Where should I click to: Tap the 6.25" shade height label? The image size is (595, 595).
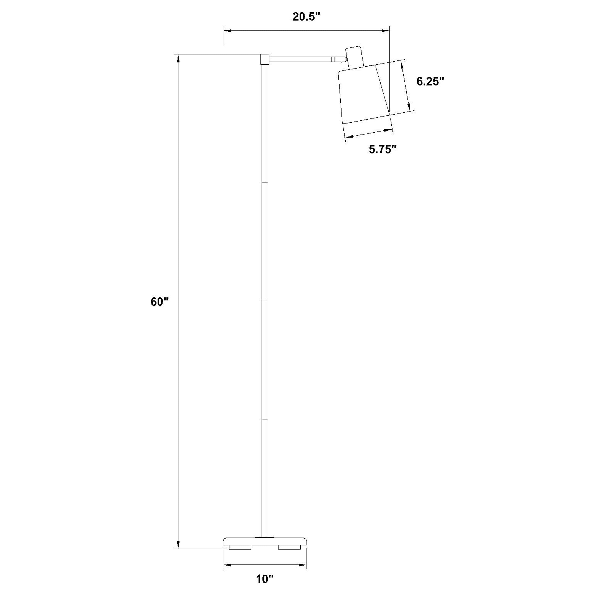(430, 82)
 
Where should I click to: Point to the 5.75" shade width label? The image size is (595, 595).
(382, 150)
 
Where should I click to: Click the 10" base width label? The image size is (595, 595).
(265, 579)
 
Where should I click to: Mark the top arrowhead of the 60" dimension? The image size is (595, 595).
(178, 59)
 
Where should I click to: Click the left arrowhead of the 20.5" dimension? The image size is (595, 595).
(227, 30)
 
